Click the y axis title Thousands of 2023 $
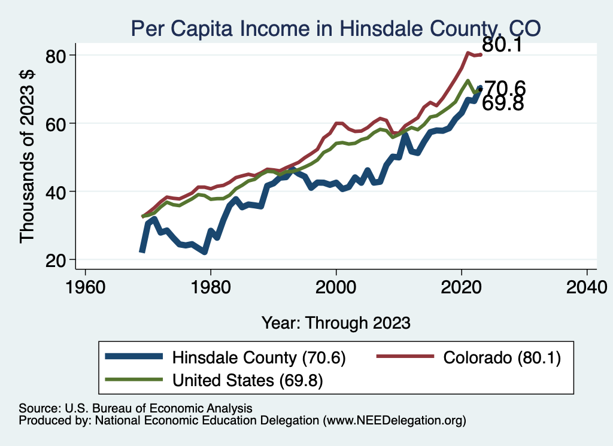pyautogui.click(x=28, y=157)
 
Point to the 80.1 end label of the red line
pyautogui.click(x=503, y=45)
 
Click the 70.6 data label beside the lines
pyautogui.click(x=504, y=89)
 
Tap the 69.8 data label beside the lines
pyautogui.click(x=503, y=104)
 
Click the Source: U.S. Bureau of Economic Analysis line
pyautogui.click(x=135, y=408)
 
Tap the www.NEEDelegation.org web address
pyautogui.click(x=394, y=421)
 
